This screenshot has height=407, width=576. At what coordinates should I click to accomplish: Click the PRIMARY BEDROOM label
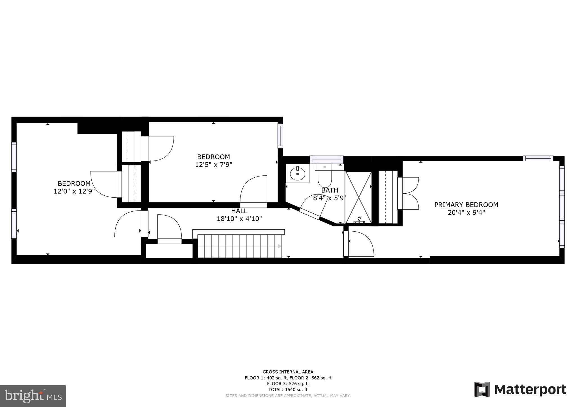coord(466,205)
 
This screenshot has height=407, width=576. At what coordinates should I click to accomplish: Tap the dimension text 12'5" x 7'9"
coord(213,164)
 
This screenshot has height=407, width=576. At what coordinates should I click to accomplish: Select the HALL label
coord(239,211)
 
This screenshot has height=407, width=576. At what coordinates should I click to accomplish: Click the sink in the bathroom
coord(297,174)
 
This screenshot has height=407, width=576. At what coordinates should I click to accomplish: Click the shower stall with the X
coord(358,197)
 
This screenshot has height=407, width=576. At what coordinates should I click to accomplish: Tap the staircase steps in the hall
coord(239,246)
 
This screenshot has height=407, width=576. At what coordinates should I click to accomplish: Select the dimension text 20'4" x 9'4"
coord(466,212)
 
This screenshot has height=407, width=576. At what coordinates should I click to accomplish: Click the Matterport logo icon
coord(482,389)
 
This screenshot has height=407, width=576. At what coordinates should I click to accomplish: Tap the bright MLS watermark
coord(33,396)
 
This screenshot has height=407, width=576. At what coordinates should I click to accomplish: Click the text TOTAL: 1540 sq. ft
coord(288,390)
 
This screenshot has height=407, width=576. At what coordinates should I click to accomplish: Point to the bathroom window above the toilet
coord(326,159)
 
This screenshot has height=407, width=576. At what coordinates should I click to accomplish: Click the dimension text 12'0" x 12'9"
coord(74,191)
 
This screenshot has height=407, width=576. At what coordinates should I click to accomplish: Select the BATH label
coord(329,190)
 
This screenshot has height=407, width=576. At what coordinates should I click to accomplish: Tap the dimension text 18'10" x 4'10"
coord(239,219)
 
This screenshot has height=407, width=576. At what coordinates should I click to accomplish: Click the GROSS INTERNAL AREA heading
coord(288,372)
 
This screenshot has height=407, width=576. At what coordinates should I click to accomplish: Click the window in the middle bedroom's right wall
coord(280,136)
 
